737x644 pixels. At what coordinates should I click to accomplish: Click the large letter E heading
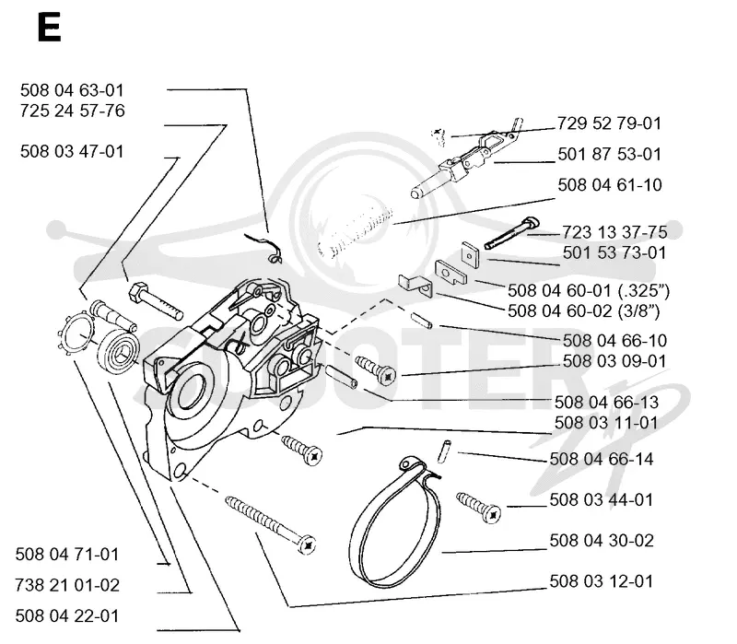(49, 28)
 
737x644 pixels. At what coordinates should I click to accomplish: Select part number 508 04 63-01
(72, 89)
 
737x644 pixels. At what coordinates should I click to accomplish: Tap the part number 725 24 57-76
(73, 111)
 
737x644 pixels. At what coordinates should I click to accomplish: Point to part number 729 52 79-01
(609, 123)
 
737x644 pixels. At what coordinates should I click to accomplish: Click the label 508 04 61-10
(610, 185)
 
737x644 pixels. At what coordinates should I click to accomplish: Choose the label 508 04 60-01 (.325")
(589, 290)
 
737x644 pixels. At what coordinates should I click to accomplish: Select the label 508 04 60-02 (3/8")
(584, 310)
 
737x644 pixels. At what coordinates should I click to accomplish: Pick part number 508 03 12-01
(602, 581)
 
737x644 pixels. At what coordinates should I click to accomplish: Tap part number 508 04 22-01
(67, 615)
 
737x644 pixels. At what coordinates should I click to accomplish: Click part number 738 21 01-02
(67, 585)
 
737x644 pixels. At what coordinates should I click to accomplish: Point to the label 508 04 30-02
(602, 540)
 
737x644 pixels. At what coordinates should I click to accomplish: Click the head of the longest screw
(307, 545)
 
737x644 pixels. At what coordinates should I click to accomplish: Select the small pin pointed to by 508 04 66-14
(444, 451)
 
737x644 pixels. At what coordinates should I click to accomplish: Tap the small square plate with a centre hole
(470, 254)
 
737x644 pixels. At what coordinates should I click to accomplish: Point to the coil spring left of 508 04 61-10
(356, 231)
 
